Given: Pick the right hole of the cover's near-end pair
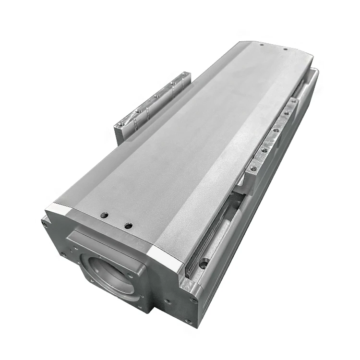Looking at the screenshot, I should [x=128, y=225].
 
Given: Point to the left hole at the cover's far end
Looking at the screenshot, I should [x=262, y=45].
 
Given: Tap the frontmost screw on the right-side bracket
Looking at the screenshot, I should [x=253, y=169].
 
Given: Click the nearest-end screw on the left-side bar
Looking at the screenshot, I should [x=120, y=124].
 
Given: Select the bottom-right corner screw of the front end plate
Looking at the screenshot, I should [x=189, y=322].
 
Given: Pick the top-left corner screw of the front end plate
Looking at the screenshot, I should [x=45, y=223].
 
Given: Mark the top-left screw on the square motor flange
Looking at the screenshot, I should [x=75, y=248].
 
